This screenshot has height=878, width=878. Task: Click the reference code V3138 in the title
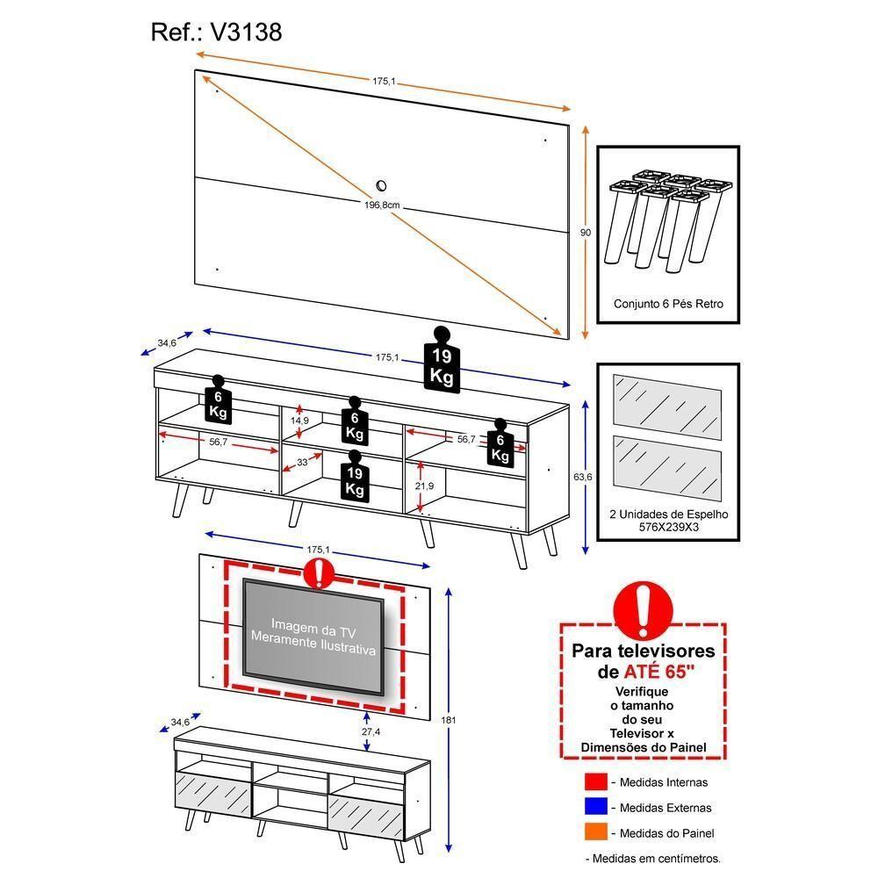click(x=245, y=32)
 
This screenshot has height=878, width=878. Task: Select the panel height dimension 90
click(x=586, y=232)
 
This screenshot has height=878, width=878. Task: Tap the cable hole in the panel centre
click(x=382, y=185)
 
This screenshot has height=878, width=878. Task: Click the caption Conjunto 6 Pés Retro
click(x=668, y=303)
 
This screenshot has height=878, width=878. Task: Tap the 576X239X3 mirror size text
click(x=669, y=529)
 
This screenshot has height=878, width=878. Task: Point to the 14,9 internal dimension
click(x=300, y=421)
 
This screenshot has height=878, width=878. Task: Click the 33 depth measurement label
click(x=302, y=461)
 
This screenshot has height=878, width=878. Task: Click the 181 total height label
click(x=450, y=720)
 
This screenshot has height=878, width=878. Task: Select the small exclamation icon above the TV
click(x=316, y=572)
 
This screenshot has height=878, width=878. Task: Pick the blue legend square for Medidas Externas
click(x=595, y=807)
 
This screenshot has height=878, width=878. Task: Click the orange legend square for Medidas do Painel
click(x=595, y=832)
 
